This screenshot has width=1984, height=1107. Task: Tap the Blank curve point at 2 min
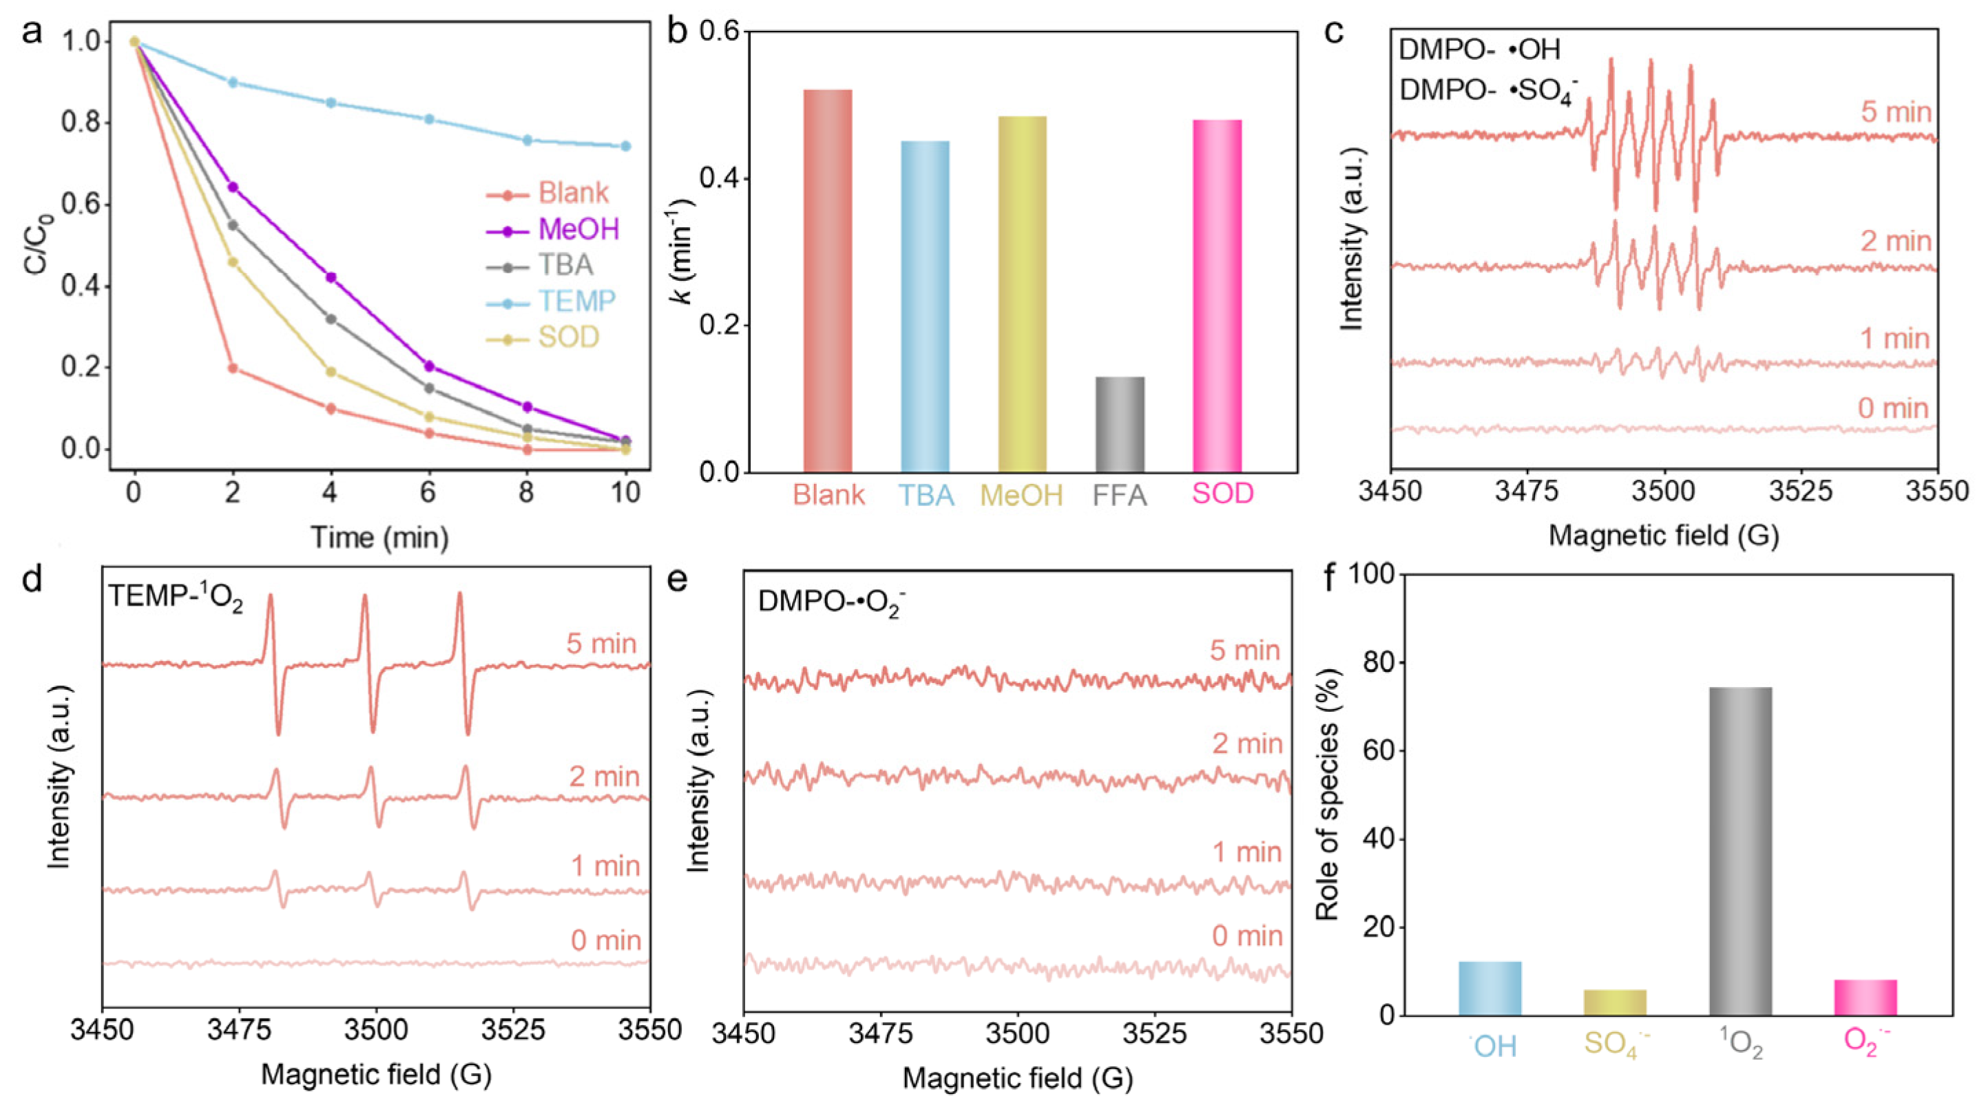(x=233, y=368)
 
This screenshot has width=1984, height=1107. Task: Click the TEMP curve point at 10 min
(x=625, y=146)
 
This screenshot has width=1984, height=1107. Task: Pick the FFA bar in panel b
(x=1120, y=424)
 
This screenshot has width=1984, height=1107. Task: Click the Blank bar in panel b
(x=828, y=281)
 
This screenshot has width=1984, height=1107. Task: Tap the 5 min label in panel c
(x=1895, y=113)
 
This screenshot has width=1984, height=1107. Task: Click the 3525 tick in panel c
(x=1800, y=491)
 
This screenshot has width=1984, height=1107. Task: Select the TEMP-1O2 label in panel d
(x=176, y=598)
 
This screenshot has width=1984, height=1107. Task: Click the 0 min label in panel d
(x=605, y=940)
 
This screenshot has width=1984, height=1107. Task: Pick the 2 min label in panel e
(x=1247, y=744)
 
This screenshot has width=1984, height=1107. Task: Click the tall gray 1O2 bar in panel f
(x=1741, y=851)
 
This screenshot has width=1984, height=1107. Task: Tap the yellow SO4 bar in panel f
(x=1615, y=1002)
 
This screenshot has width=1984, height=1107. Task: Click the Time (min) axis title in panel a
(x=379, y=536)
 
